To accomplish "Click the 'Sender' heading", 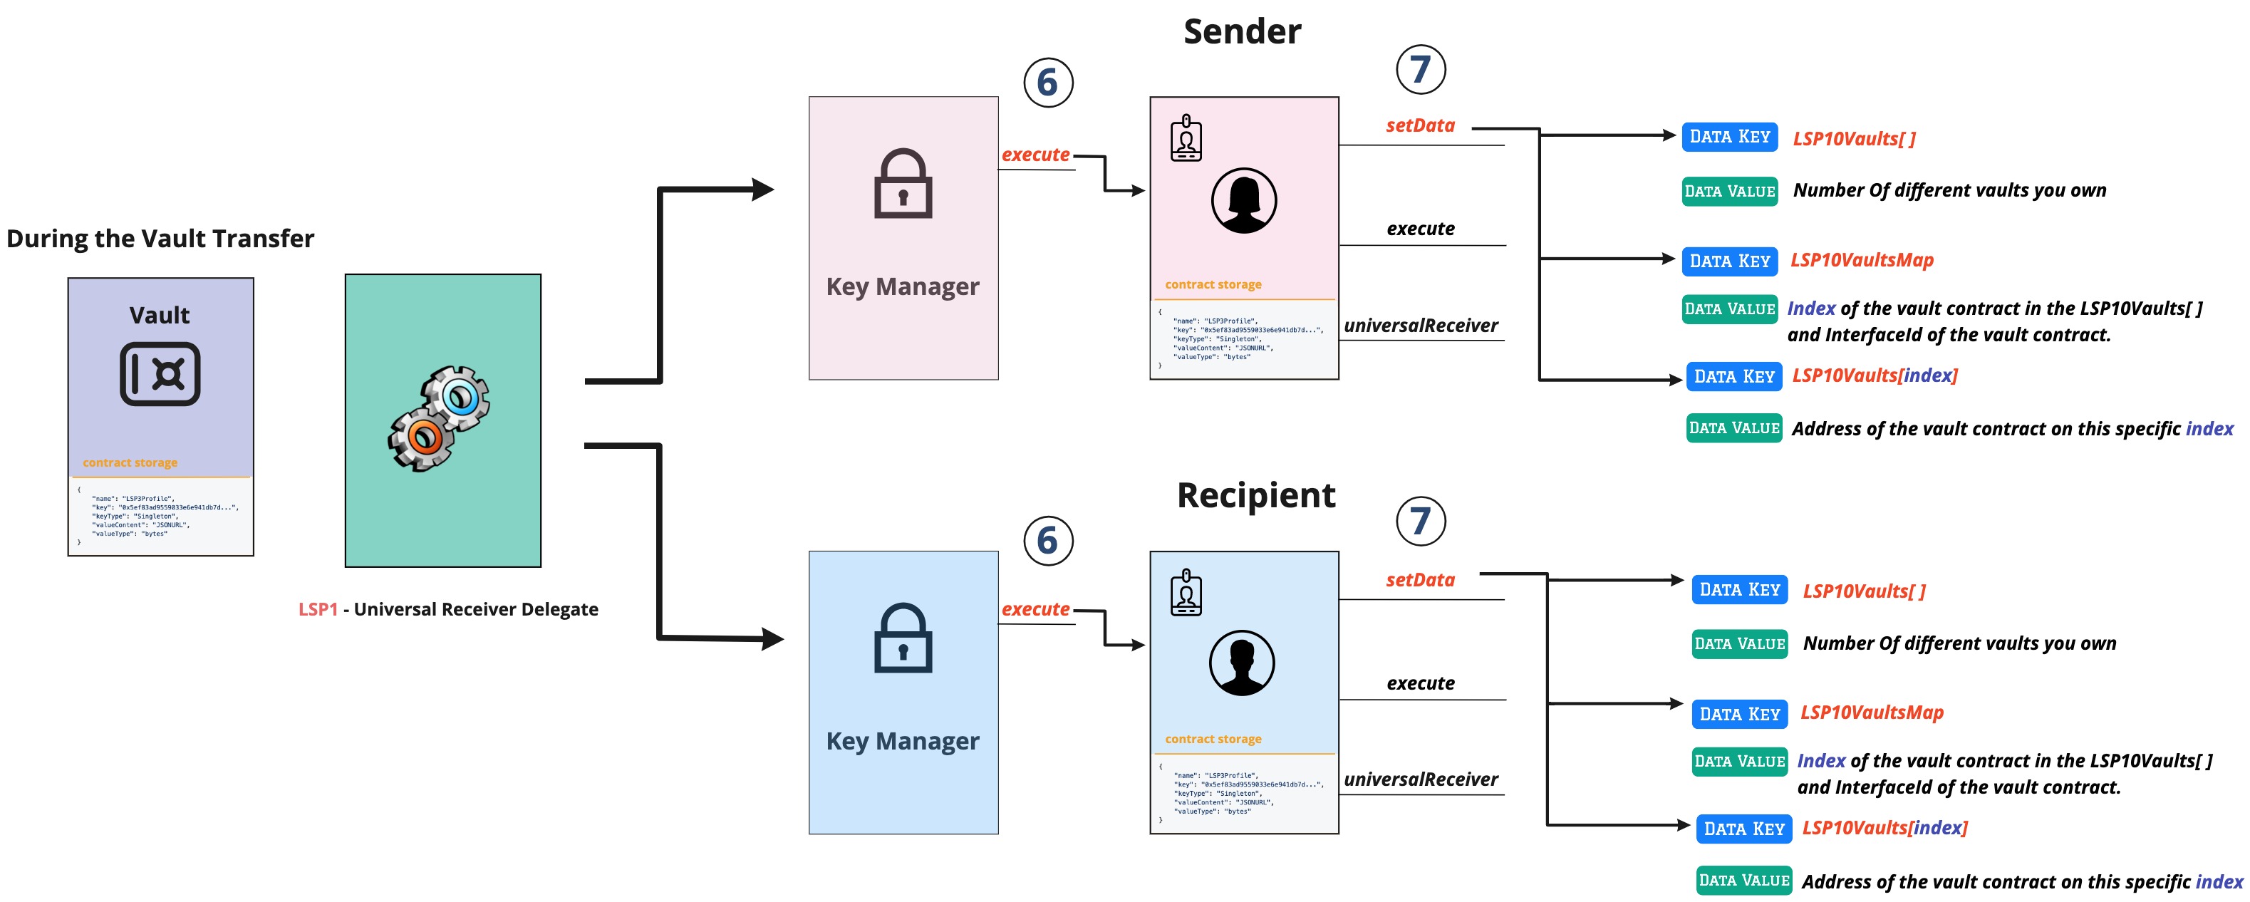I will pos(1241,32).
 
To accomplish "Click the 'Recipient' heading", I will pos(1255,495).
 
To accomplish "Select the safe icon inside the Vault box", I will pos(160,374).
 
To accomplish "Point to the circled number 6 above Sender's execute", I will pos(1047,83).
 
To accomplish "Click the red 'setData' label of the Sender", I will pos(1419,125).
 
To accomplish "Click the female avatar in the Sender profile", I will pos(1243,201).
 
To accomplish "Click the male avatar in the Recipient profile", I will pos(1241,663).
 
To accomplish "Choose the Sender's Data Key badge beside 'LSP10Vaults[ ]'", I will pos(1728,137).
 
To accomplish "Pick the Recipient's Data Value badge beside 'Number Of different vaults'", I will pos(1738,643).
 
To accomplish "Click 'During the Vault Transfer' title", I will pos(160,239).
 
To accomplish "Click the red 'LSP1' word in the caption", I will pos(318,609).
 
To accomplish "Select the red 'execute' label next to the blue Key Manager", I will pos(1035,609).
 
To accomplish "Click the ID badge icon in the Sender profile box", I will pos(1186,138).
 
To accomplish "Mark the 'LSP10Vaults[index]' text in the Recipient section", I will pos(1884,828).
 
